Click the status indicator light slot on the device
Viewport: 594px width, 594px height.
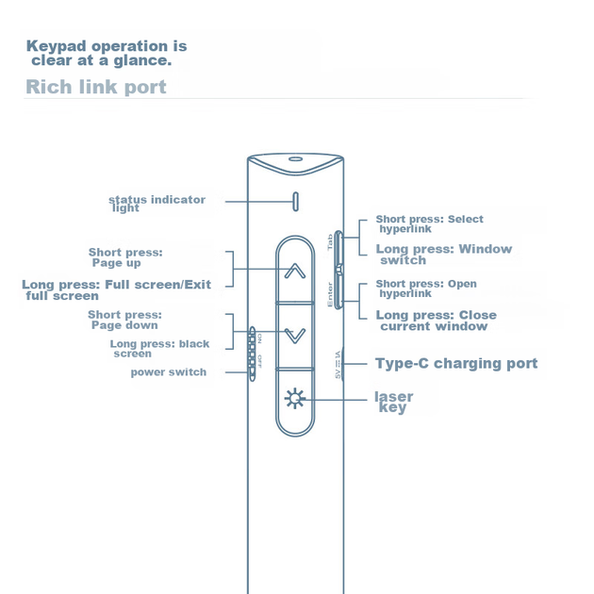tap(296, 202)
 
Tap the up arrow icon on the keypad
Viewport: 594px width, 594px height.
tap(295, 271)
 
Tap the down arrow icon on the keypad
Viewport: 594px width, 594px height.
tap(295, 336)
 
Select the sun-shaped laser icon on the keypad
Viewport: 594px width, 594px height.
tap(295, 399)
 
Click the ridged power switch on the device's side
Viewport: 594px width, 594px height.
tap(252, 354)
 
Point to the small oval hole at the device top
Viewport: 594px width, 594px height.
tap(295, 158)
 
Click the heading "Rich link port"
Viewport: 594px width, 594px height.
tap(96, 87)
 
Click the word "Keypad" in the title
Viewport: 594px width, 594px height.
tap(56, 46)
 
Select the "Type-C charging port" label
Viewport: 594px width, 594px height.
tap(456, 364)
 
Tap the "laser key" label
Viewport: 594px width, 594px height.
tap(393, 403)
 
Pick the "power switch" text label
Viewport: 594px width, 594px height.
tap(169, 372)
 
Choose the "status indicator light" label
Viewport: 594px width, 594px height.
tap(157, 204)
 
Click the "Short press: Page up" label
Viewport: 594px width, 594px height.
tap(125, 257)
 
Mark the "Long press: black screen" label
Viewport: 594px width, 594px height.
tap(159, 349)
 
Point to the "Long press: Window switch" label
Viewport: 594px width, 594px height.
tap(443, 255)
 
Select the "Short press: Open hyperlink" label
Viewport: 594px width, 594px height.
tap(426, 289)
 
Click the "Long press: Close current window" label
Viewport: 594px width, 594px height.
tap(436, 321)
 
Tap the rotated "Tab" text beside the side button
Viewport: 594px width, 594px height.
tap(330, 241)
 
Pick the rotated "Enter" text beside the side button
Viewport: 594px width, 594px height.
tap(330, 295)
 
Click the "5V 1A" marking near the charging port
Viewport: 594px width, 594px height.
tap(338, 365)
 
